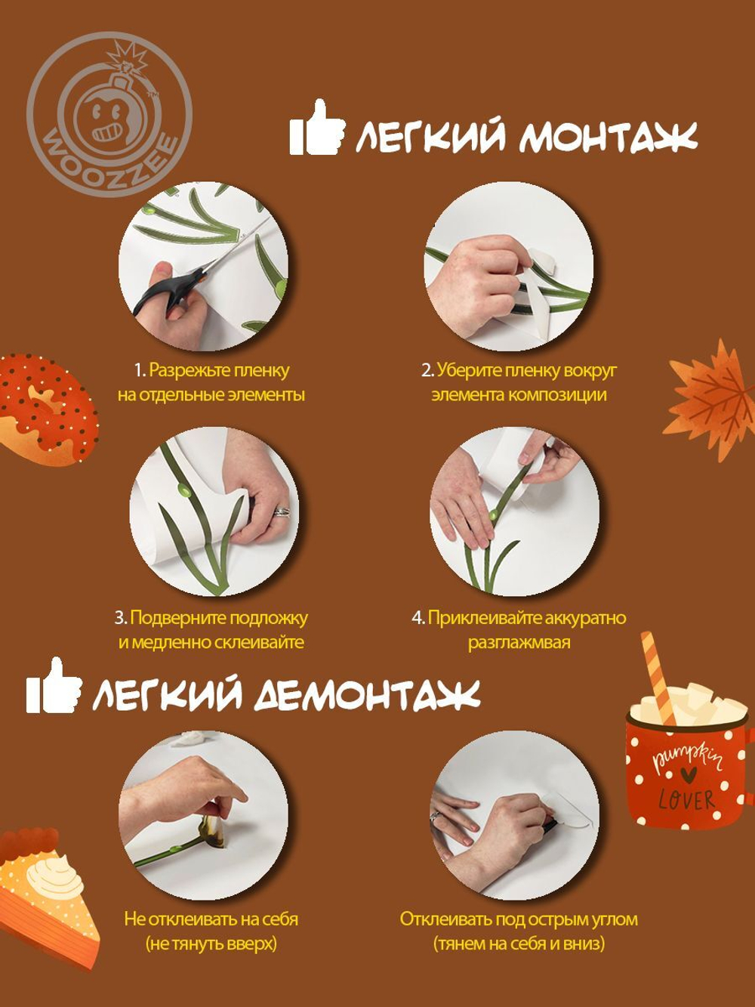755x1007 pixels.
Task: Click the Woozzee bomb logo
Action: [109, 114]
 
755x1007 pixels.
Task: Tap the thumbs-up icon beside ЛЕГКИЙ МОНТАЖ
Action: [316, 129]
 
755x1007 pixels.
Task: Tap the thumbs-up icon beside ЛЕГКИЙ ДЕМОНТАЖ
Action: [52, 687]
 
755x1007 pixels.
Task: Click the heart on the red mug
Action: [686, 774]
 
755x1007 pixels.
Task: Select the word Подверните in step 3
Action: [177, 618]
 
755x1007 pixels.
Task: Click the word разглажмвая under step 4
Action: [519, 643]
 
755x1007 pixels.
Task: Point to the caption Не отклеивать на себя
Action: [211, 919]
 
